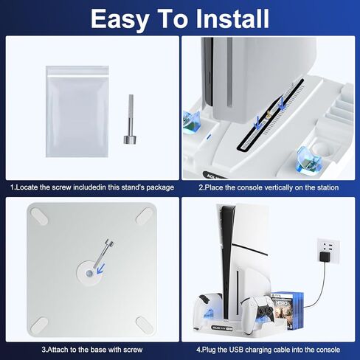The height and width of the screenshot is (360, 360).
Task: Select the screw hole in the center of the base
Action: click(89, 272)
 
